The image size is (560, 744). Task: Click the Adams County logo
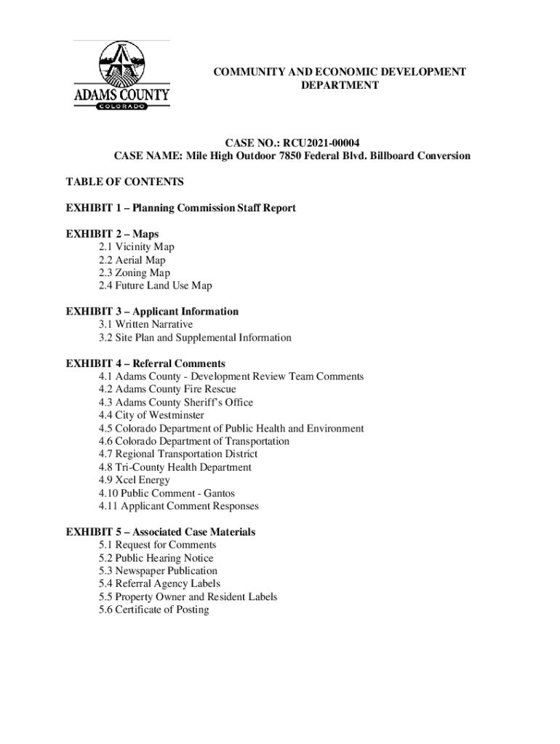coord(121,73)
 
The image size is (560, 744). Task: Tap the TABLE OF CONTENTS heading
coord(124,182)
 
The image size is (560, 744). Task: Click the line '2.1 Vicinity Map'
coord(137,247)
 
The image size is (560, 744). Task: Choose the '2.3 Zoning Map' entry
coord(135,273)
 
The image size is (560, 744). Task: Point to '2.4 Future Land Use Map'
coord(156,286)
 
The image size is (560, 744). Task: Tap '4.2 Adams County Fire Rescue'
coord(167,389)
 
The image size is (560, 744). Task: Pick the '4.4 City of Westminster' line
coord(151,416)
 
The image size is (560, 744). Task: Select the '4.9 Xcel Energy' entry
coord(135,480)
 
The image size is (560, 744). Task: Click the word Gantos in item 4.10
coord(219,493)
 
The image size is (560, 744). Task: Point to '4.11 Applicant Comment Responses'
coord(179,506)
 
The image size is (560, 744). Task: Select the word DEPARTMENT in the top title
coord(340,86)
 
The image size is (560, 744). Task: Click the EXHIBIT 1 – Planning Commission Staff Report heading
coord(181,209)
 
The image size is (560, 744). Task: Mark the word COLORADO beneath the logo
coord(121,105)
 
